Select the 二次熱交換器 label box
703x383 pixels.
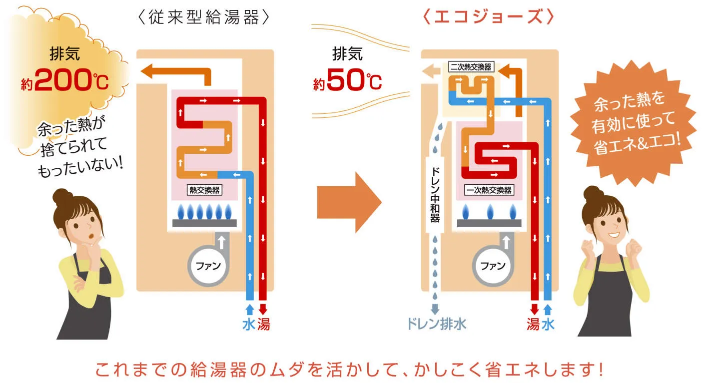click(471, 66)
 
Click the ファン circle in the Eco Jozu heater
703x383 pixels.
click(493, 265)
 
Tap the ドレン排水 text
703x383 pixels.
click(436, 325)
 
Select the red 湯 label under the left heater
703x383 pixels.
click(263, 325)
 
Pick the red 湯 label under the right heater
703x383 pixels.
click(533, 325)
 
